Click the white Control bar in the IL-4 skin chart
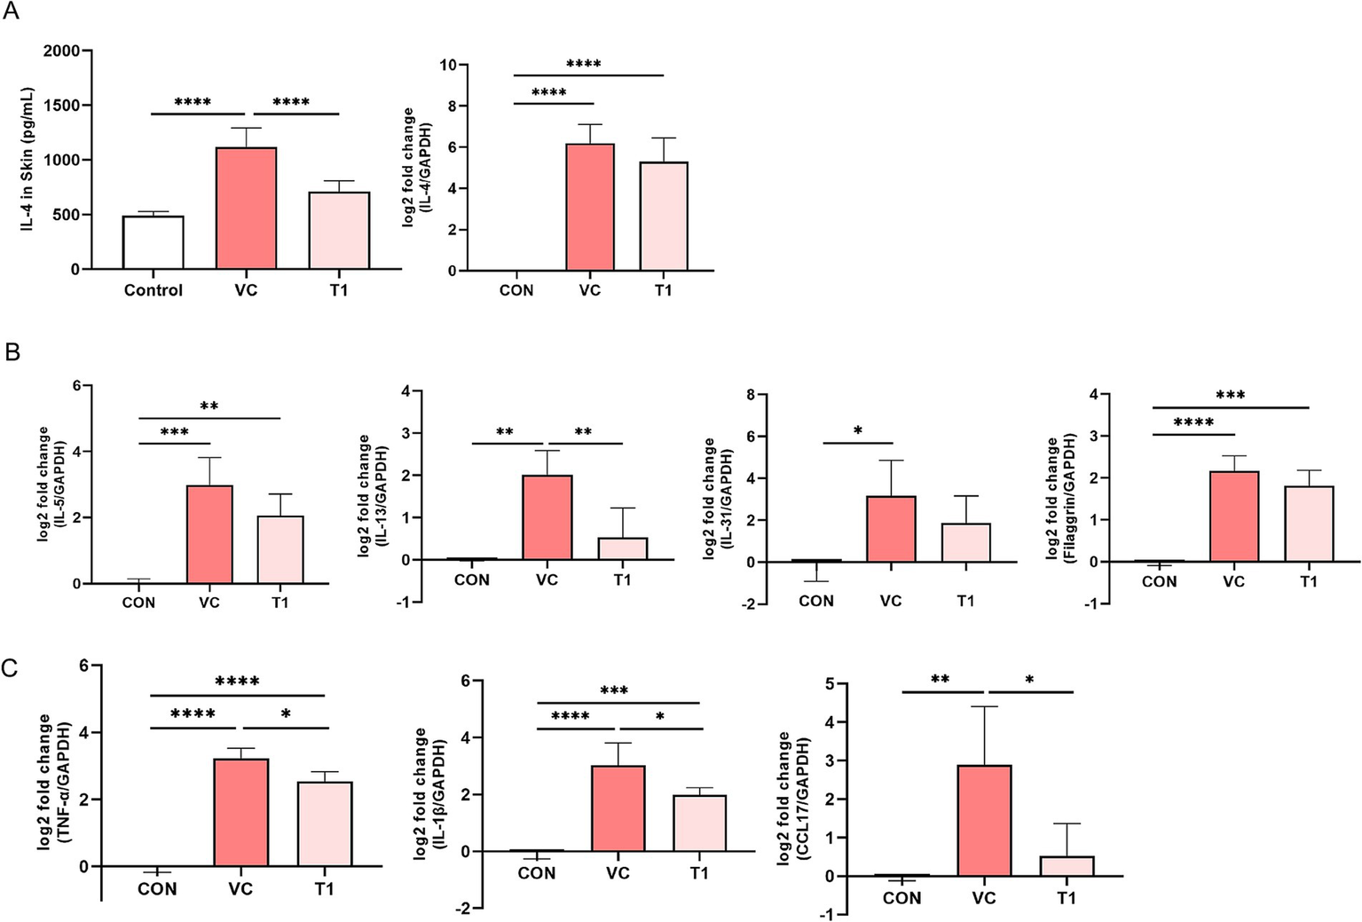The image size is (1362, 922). pos(153,242)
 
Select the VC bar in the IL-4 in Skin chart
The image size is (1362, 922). pos(246,209)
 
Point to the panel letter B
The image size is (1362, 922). pos(12,352)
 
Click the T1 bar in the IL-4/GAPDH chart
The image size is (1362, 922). pos(663,217)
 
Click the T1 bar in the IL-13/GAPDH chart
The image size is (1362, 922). pos(622,548)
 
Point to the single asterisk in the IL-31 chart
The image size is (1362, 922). pos(858,431)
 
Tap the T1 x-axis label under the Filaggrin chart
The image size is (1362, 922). pos(1309,582)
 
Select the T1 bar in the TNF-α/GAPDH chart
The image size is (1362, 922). pos(325,823)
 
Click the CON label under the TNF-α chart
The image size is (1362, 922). pos(157,889)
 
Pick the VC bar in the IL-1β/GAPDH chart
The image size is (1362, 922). pos(618,808)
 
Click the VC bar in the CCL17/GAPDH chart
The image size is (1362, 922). pos(984,821)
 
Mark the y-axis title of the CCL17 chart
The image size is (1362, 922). pos(792,799)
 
